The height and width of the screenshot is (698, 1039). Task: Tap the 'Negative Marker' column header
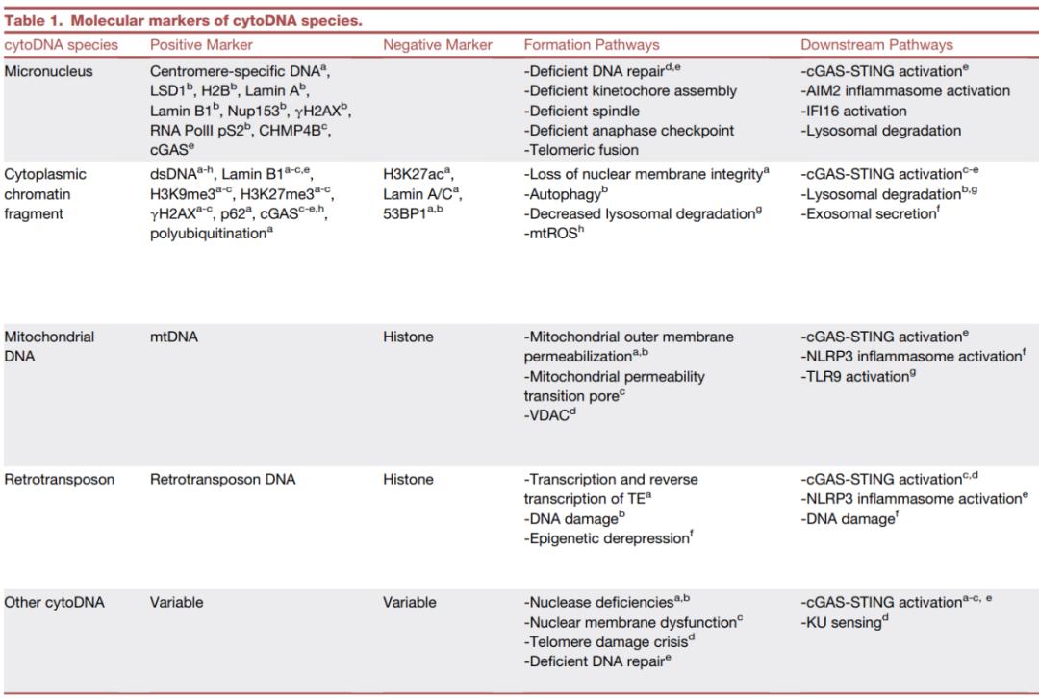pyautogui.click(x=438, y=45)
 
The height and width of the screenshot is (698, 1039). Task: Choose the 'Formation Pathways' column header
pyautogui.click(x=592, y=45)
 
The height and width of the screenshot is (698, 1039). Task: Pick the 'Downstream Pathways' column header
pyautogui.click(x=876, y=45)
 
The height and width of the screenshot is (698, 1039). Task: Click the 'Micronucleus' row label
pyautogui.click(x=49, y=72)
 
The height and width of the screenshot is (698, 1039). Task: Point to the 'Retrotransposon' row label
pyautogui.click(x=59, y=479)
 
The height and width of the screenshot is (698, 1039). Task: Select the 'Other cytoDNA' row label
pyautogui.click(x=54, y=603)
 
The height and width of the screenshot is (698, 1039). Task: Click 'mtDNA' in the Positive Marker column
pyautogui.click(x=172, y=337)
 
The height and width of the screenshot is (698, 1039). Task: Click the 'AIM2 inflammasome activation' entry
pyautogui.click(x=905, y=91)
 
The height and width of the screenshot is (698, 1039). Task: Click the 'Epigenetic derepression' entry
pyautogui.click(x=607, y=538)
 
